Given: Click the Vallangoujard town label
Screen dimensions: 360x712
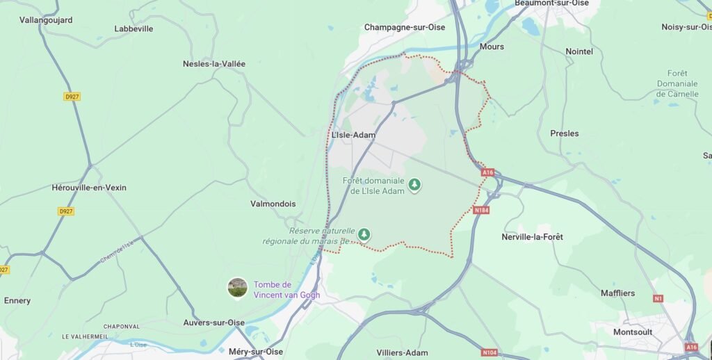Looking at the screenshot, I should [x=46, y=20].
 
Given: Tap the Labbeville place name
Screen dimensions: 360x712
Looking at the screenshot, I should [x=133, y=28].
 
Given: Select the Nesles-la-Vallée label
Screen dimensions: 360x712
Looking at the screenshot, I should [x=214, y=63].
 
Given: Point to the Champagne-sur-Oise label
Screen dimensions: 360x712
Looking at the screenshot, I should [x=405, y=27].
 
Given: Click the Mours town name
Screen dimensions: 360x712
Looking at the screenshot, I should [x=492, y=47].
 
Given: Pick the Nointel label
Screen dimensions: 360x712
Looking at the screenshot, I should [x=579, y=51].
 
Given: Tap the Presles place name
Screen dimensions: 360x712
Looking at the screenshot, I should [x=564, y=133].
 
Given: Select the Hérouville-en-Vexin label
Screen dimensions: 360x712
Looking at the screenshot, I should [x=89, y=188].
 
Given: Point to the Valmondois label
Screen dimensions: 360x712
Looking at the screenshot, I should [x=273, y=204].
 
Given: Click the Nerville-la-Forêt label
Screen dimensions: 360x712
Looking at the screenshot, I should [x=532, y=237].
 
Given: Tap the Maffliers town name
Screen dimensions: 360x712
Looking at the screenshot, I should [x=617, y=293].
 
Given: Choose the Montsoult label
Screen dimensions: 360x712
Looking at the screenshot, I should [x=633, y=332].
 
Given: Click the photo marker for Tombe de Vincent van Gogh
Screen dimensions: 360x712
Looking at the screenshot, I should [x=238, y=288].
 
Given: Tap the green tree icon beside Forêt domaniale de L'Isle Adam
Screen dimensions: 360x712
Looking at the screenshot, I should [x=414, y=185].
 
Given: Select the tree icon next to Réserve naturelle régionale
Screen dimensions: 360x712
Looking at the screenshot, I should [x=363, y=235].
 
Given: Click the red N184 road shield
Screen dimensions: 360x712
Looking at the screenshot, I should [x=481, y=210].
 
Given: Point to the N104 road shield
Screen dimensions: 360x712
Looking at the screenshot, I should [x=489, y=352].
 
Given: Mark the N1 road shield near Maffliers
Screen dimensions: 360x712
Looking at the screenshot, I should [x=658, y=298].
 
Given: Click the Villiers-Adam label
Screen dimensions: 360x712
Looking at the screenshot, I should [x=402, y=352].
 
